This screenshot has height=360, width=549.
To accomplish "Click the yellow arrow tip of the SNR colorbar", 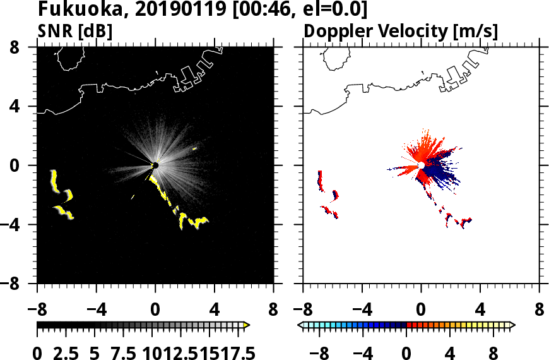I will pos(247,325).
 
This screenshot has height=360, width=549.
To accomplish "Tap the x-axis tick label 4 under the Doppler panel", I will pos(480,311).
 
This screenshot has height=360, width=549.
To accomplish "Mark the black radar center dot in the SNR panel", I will pos(155,165).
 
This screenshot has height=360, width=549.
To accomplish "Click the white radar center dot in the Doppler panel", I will pos(422,165).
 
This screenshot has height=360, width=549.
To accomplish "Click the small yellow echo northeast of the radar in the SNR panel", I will pos(194,149).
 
